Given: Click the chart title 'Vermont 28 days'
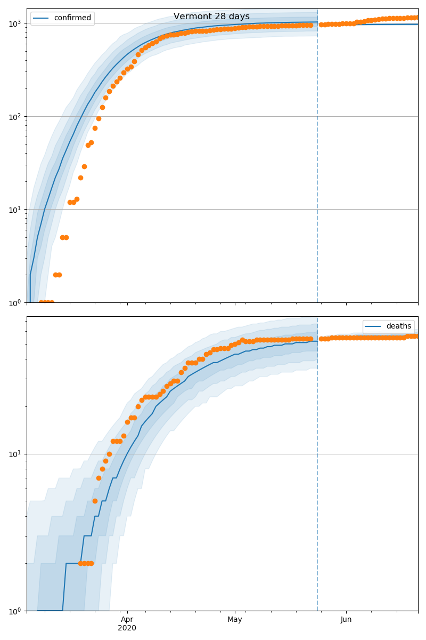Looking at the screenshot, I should [x=211, y=17].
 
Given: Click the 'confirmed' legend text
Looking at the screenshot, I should [x=72, y=18].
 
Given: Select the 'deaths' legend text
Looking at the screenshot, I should [x=398, y=326].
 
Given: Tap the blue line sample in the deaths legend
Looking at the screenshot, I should [x=373, y=326].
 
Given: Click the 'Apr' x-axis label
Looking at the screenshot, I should [x=127, y=619].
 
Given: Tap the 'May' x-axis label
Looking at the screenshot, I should [x=235, y=619].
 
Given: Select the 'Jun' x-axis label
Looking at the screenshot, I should [x=346, y=619].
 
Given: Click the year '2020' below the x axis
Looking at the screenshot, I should [x=127, y=628].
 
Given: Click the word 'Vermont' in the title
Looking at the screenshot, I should [x=190, y=17].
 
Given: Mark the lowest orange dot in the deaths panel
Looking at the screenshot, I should [x=80, y=563].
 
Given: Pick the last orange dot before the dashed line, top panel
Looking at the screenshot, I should [x=310, y=25].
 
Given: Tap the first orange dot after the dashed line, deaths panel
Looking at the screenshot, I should [x=321, y=339].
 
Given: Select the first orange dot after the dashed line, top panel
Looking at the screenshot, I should [x=321, y=25].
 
